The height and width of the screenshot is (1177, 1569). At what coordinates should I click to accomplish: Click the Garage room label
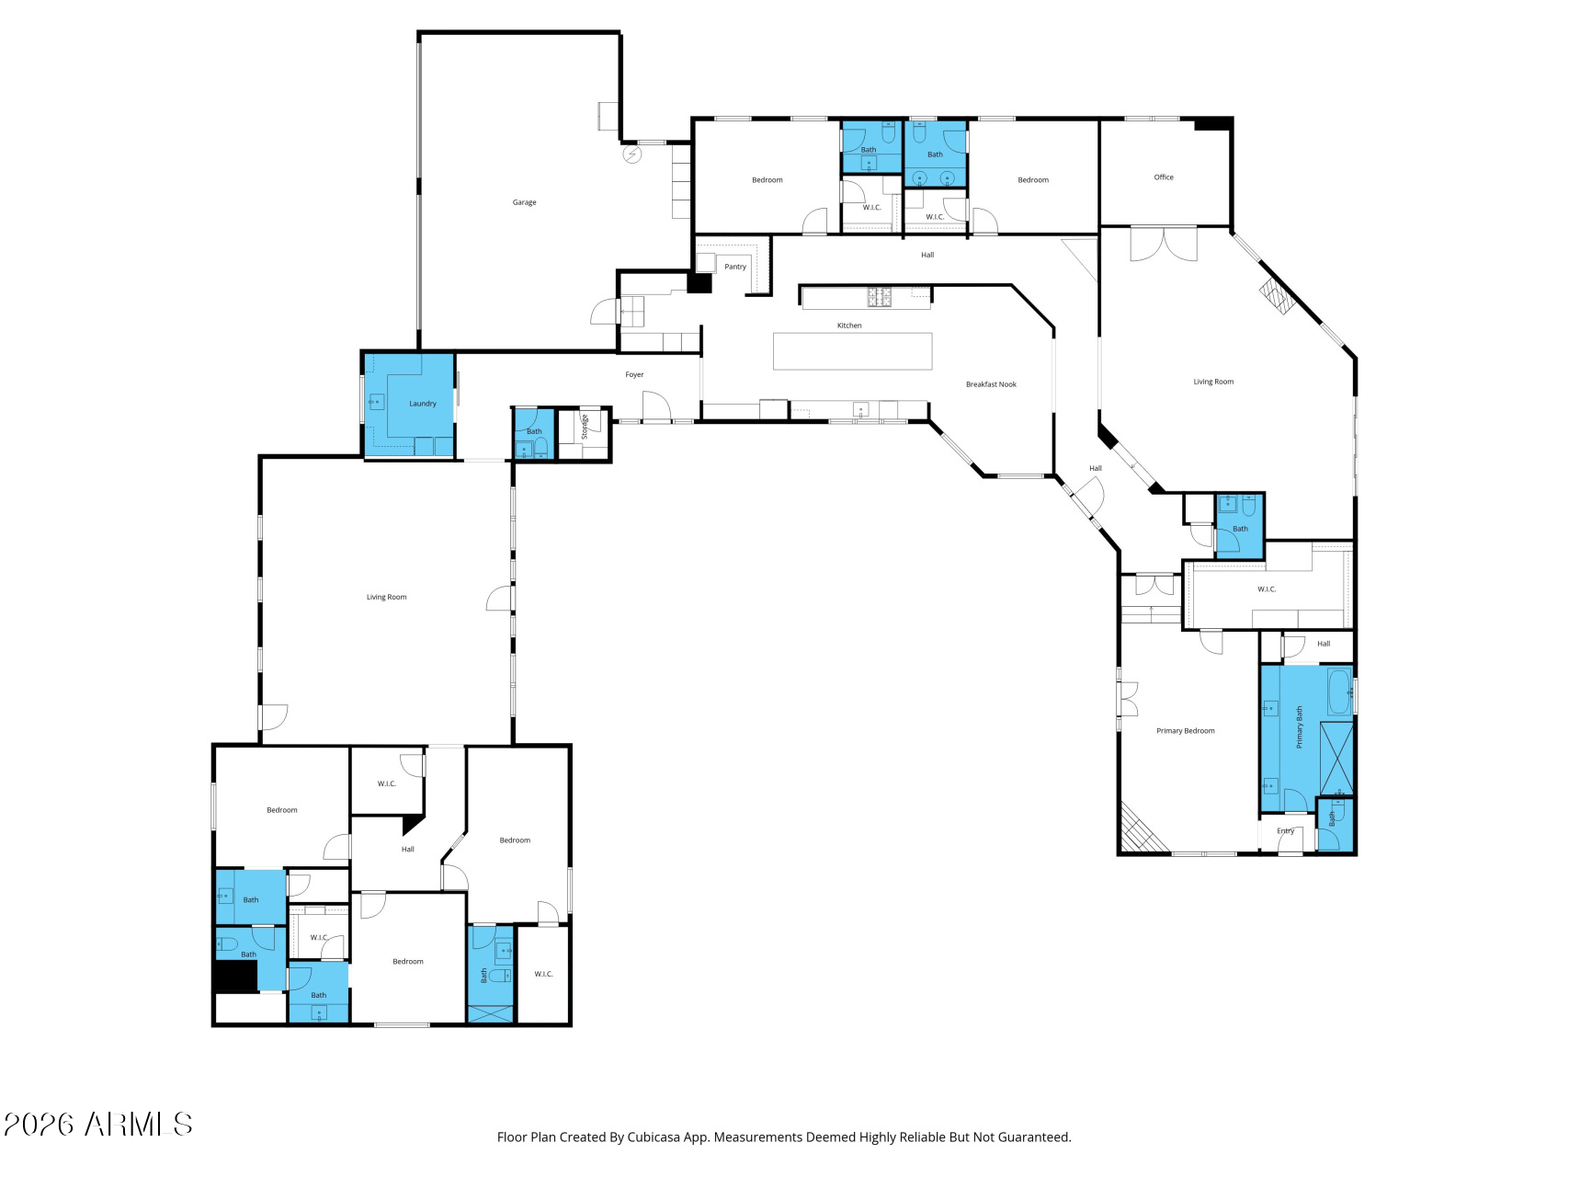(x=524, y=202)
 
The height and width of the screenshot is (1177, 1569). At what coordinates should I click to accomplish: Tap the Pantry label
(x=735, y=267)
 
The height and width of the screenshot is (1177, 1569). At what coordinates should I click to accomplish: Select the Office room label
(x=1164, y=177)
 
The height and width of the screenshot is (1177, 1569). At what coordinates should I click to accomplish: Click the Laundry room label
(x=423, y=404)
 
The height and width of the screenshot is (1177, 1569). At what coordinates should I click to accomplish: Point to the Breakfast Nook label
(x=991, y=384)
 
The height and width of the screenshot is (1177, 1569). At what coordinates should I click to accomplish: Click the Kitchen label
(x=849, y=326)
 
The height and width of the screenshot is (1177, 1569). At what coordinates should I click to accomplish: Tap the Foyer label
(x=634, y=374)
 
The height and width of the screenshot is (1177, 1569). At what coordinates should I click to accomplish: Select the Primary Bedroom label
(x=1186, y=731)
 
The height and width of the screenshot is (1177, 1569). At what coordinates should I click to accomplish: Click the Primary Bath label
(x=1300, y=727)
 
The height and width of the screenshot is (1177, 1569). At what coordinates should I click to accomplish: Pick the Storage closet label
(x=585, y=426)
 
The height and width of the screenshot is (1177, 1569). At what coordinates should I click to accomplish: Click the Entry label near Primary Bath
(x=1285, y=830)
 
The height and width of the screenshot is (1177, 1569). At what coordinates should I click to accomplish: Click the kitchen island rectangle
(x=852, y=351)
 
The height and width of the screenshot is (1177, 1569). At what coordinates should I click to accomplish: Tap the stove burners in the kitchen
(x=880, y=296)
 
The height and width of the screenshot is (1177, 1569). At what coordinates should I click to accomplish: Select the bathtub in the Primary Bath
(x=1339, y=691)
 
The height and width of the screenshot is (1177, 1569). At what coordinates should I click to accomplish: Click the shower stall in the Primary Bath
(x=1336, y=759)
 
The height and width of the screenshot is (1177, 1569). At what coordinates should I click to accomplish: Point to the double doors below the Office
(x=1164, y=245)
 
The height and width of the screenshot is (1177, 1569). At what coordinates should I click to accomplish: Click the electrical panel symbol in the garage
(x=632, y=154)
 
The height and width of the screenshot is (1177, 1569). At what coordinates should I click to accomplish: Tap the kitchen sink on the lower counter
(x=861, y=410)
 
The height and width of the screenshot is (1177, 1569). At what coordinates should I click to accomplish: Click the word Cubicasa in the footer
(x=654, y=1137)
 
